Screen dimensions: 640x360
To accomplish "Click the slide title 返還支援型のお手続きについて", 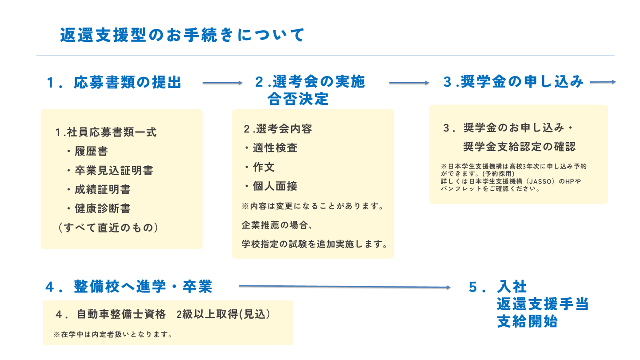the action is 182,35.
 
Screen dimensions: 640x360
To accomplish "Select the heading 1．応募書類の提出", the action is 114,82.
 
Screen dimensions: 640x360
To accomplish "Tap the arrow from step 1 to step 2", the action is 222,83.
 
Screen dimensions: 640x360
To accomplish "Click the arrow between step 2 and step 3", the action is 409,83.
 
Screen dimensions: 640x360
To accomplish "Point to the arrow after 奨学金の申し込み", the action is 603,82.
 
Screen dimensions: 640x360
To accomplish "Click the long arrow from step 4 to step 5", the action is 344,287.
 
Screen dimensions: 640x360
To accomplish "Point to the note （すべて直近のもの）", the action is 108,228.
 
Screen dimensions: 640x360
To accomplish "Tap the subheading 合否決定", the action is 298,99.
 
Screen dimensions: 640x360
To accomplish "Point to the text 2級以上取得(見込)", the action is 224,314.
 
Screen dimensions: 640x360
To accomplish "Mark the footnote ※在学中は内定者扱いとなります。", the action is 113,334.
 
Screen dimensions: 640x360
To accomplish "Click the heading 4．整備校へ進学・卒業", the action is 129,287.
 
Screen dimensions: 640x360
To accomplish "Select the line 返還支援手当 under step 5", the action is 543,304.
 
